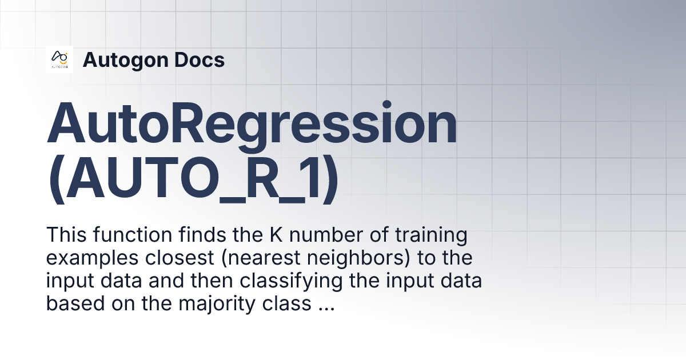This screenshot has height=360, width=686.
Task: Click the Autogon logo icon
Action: (x=59, y=59)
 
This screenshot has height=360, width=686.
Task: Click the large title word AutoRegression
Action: (x=252, y=124)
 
